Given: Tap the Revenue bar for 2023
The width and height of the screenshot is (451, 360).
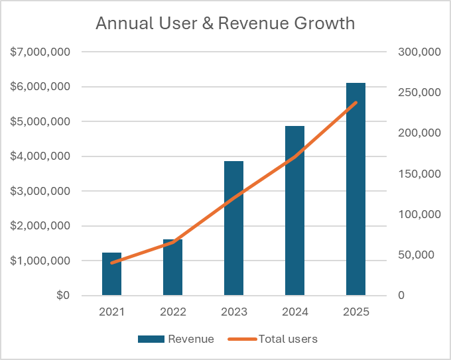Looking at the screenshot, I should pos(233,228).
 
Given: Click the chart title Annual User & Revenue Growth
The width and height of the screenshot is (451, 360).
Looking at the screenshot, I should pos(225,23).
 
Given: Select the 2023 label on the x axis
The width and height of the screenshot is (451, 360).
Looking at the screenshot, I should pos(233,312).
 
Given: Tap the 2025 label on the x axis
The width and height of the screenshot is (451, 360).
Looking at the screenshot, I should pos(355,312).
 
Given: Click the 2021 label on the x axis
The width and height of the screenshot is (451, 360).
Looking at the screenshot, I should pos(111,312).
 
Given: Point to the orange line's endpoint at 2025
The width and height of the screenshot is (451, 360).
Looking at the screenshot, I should pos(355,102).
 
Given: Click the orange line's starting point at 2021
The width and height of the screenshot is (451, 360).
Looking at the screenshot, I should pos(111,263).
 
